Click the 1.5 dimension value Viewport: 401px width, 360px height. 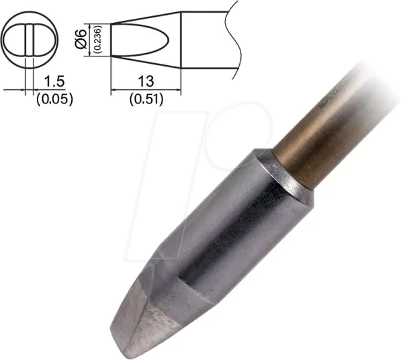click(53, 83)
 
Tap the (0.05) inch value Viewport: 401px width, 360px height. click(53, 98)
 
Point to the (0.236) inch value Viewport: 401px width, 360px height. click(97, 41)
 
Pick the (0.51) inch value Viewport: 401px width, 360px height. click(145, 98)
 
